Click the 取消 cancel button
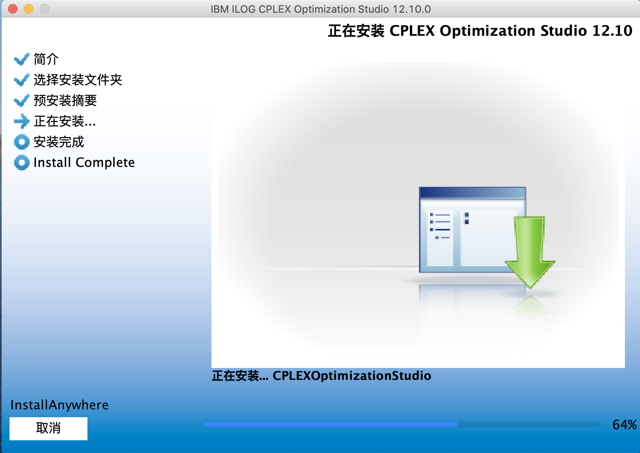[48, 428]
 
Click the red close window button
[13, 9]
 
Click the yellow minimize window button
[29, 9]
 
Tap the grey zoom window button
[45, 9]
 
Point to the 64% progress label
[624, 425]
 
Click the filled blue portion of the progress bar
[330, 425]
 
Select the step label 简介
[46, 59]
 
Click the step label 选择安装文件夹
[78, 80]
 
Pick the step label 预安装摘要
[65, 101]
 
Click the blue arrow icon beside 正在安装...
[21, 121]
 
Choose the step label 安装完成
[59, 142]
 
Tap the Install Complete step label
[84, 163]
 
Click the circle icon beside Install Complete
[21, 163]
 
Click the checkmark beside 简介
[21, 59]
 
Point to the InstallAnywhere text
[59, 405]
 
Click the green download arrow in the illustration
[529, 250]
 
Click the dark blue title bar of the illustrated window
[472, 193]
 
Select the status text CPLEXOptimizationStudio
[351, 376]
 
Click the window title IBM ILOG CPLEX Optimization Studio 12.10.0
[320, 9]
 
